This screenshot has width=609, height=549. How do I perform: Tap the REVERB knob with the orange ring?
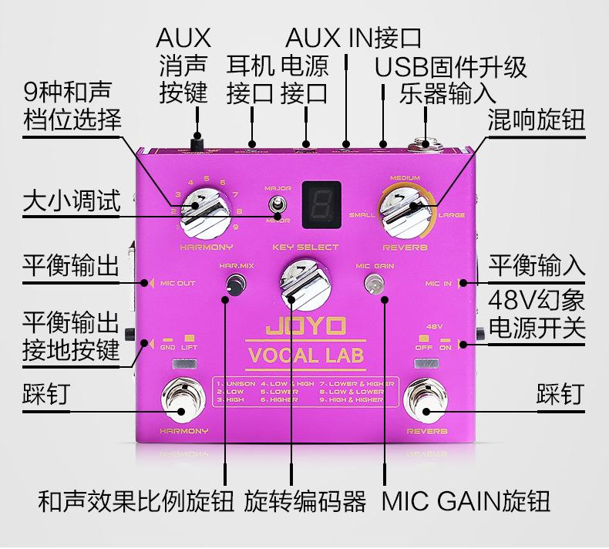[406, 207]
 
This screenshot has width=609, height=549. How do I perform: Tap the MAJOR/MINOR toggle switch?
[274, 205]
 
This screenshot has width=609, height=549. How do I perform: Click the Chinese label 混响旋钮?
[536, 120]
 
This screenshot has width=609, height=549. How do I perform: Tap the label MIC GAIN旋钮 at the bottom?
[466, 502]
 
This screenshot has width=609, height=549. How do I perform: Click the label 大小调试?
[72, 202]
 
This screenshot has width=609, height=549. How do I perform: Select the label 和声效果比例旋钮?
[136, 502]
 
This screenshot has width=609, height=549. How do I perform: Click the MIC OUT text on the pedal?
[178, 283]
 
